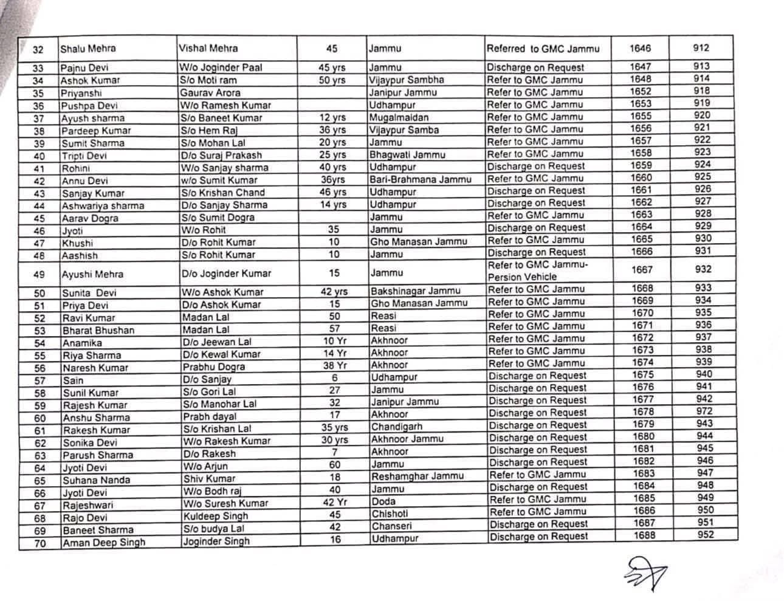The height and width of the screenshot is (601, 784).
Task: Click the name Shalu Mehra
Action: click(x=88, y=49)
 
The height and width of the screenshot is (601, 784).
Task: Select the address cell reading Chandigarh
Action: click(x=397, y=427)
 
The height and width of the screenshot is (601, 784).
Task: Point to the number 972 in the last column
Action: click(x=705, y=411)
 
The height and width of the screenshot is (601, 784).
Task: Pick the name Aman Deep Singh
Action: click(x=104, y=543)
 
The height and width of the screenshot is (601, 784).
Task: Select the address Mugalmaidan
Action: click(x=399, y=117)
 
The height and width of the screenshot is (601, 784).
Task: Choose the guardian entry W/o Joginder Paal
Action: click(x=221, y=67)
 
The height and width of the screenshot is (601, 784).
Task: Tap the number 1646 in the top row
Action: click(x=640, y=49)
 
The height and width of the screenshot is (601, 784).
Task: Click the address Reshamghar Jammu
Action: click(x=418, y=476)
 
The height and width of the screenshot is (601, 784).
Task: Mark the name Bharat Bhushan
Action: click(x=98, y=331)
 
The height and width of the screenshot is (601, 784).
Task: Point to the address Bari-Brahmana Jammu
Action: click(x=421, y=179)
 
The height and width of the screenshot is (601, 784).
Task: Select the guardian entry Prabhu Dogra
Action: click(x=214, y=367)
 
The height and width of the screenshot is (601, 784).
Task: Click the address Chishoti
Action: click(x=390, y=513)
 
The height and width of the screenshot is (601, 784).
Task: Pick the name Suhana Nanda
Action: click(x=97, y=480)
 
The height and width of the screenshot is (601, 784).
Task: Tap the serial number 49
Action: click(x=39, y=275)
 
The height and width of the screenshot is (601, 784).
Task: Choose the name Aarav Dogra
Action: click(x=90, y=219)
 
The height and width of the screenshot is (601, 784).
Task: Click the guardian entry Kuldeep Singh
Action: click(x=216, y=516)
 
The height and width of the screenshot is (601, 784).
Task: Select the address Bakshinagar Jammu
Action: click(x=416, y=291)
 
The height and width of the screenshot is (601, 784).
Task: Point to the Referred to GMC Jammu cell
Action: click(x=543, y=49)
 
